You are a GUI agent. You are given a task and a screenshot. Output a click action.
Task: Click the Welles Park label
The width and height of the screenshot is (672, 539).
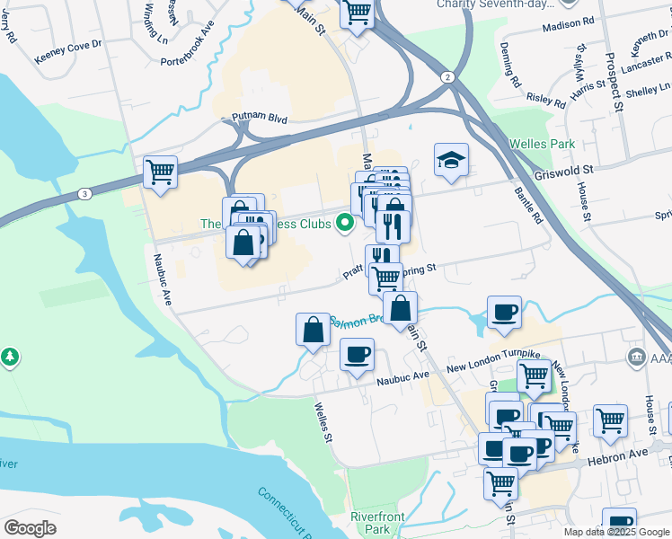click(541, 144)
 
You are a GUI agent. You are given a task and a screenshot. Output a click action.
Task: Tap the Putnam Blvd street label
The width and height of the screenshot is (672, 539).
click(259, 118)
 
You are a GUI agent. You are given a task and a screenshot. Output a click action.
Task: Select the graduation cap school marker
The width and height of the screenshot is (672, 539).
click(451, 161)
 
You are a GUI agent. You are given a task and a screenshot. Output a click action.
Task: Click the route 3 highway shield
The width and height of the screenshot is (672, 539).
click(84, 193)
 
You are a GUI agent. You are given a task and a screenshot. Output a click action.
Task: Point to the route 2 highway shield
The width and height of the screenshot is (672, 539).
click(447, 77)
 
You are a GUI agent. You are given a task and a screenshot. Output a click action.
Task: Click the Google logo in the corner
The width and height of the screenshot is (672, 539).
click(30, 528)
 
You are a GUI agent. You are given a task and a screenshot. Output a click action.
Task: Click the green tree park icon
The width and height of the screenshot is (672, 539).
click(10, 357)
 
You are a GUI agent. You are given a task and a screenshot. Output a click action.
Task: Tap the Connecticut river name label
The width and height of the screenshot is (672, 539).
click(285, 513)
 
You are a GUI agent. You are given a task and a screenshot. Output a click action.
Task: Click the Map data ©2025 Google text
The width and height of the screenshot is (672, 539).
click(615, 532)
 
